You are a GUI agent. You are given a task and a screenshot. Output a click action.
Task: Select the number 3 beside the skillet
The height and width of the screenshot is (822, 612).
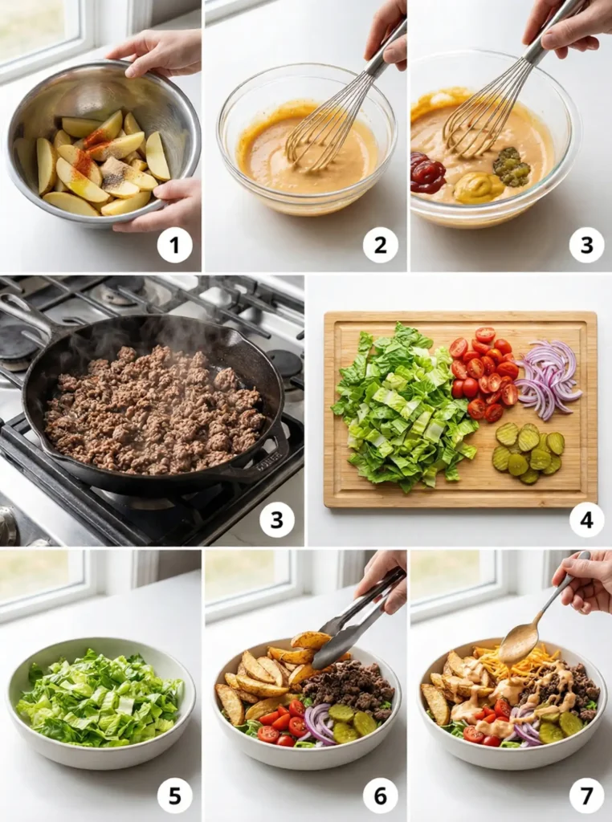tap(276, 520)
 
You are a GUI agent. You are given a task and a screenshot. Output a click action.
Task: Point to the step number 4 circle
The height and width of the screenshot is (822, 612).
tap(586, 520)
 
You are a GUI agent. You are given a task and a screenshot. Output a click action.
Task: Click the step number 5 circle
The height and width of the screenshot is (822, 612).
tap(174, 796)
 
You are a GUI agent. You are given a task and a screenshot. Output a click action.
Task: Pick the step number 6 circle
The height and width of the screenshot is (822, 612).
tap(380, 796)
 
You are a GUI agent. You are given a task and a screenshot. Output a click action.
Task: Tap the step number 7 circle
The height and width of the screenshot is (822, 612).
tap(586, 796)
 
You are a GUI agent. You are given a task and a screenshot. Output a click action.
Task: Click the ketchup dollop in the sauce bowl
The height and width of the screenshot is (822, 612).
tap(427, 173)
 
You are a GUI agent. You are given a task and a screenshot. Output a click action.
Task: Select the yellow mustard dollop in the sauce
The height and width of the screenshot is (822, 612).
tap(479, 187)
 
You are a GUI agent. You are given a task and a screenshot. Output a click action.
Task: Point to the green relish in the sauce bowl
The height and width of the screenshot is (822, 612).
tap(511, 166)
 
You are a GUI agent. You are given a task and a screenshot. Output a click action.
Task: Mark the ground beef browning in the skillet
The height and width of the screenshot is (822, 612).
tap(153, 409)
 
